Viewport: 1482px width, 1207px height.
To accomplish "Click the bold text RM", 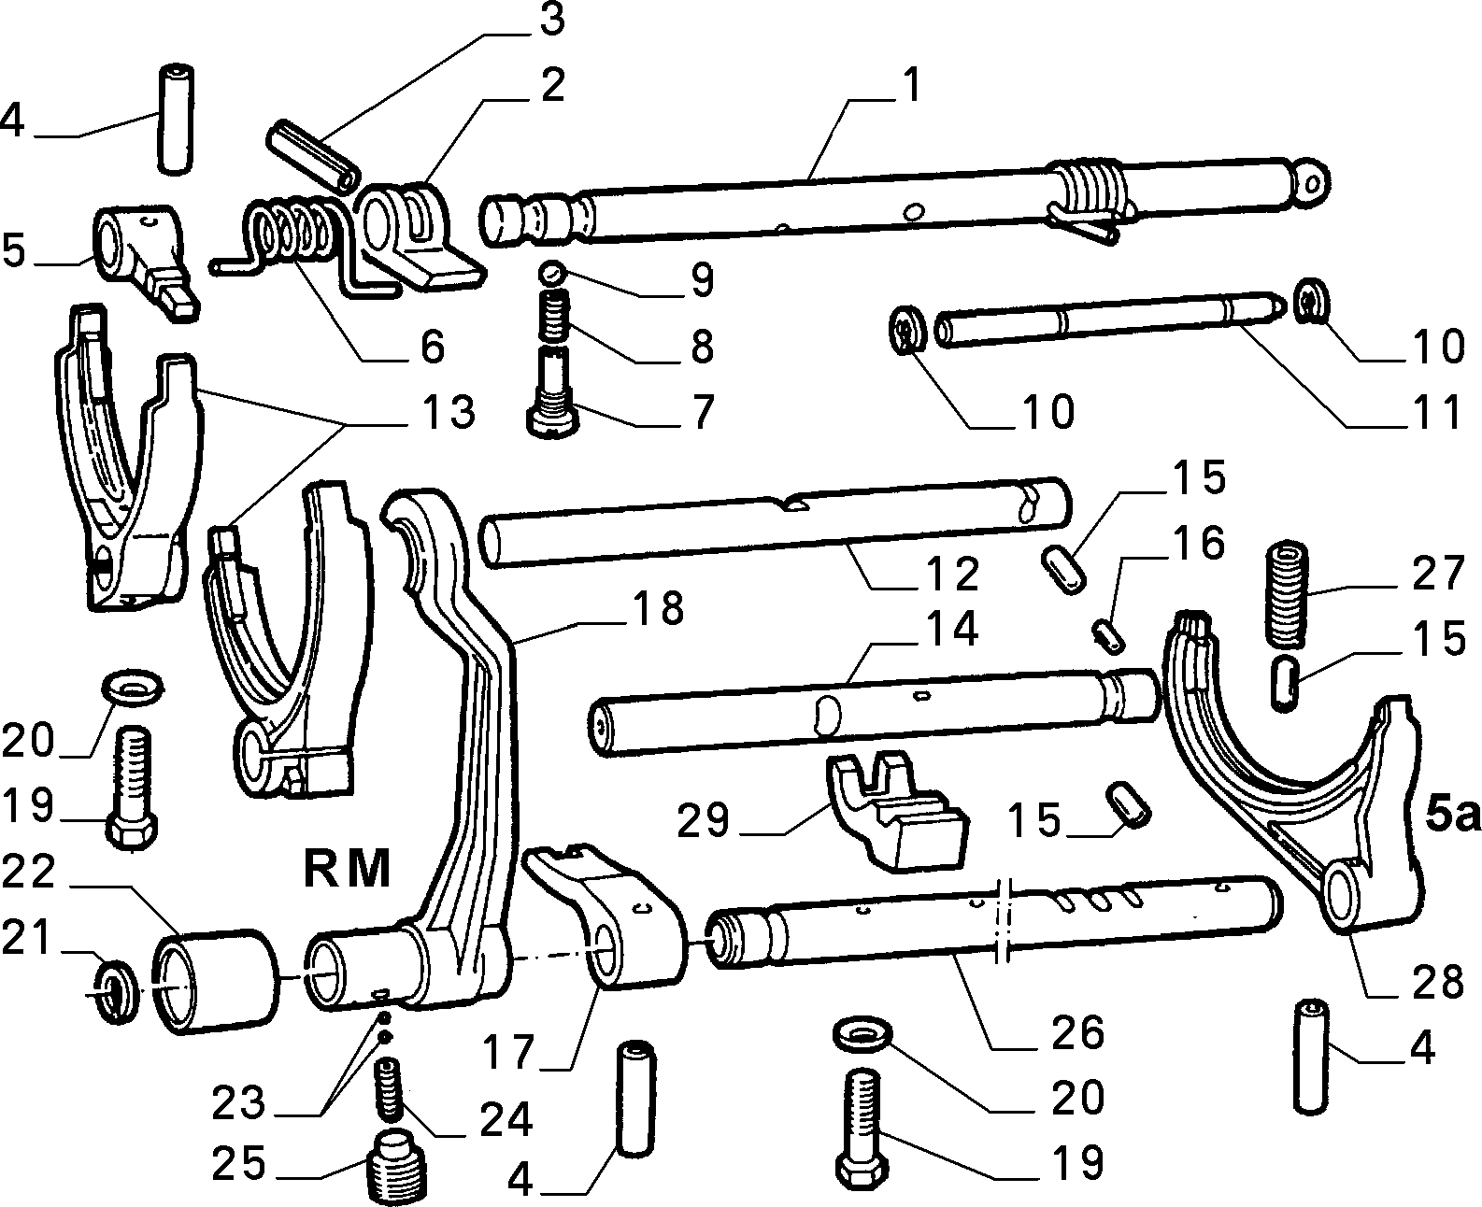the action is [x=348, y=869].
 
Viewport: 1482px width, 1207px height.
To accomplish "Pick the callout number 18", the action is [x=658, y=607].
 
